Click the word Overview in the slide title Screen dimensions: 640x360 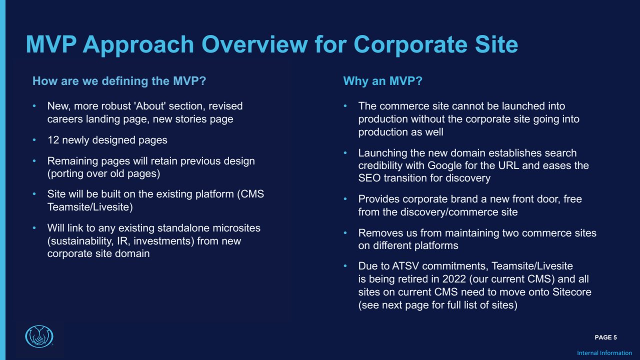tap(254, 44)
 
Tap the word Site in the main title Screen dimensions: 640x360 tap(496, 44)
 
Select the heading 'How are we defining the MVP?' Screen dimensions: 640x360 tap(119, 81)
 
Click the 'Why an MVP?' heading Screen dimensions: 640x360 tap(382, 81)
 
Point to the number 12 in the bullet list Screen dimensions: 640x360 tap(53, 140)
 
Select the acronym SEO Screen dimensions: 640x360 tap(369, 178)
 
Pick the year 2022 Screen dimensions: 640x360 tap(454, 279)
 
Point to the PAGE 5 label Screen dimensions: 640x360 tap(605, 337)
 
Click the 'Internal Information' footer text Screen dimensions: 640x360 tap(604, 353)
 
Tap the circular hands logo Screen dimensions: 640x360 tap(39, 336)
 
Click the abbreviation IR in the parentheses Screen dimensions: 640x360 tap(121, 241)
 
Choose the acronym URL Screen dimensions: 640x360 tap(508, 165)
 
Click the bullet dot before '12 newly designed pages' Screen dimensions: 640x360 tap(34, 140)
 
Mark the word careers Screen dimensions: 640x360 tap(65, 119)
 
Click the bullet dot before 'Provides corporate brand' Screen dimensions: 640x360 tap(345, 199)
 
